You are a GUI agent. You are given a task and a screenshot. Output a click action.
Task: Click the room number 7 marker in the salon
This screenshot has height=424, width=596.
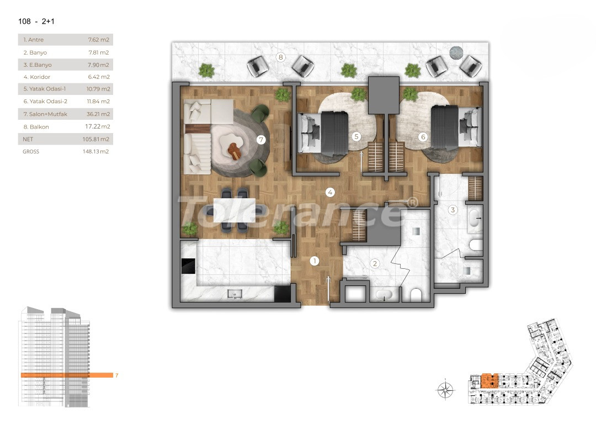click(x=261, y=140)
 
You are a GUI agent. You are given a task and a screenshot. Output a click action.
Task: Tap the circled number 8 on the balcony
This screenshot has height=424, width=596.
click(x=281, y=57)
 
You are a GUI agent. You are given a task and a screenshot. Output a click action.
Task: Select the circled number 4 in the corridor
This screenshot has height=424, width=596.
click(x=330, y=193)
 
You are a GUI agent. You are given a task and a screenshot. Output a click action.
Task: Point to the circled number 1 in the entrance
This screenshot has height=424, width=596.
click(x=315, y=261)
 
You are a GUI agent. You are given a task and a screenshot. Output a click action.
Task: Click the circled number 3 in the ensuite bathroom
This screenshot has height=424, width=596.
click(x=453, y=210)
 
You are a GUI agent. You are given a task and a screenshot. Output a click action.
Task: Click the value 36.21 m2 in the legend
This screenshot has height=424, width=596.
click(x=99, y=114)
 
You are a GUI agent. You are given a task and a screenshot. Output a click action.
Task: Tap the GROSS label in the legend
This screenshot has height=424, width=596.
click(x=31, y=151)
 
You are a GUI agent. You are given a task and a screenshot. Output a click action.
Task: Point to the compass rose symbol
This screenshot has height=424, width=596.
click(x=445, y=390)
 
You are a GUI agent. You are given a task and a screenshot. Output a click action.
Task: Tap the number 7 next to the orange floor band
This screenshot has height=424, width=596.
click(x=116, y=375)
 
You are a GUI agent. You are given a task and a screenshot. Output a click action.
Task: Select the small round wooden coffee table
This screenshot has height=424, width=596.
click(x=235, y=151)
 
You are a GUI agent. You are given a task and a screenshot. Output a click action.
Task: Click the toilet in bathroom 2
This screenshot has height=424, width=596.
click(x=416, y=295)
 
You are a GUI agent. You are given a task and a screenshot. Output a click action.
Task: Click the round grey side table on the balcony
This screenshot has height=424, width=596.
click(x=456, y=52)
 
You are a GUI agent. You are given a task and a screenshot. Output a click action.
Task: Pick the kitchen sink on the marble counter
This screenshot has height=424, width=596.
click(x=235, y=294)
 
